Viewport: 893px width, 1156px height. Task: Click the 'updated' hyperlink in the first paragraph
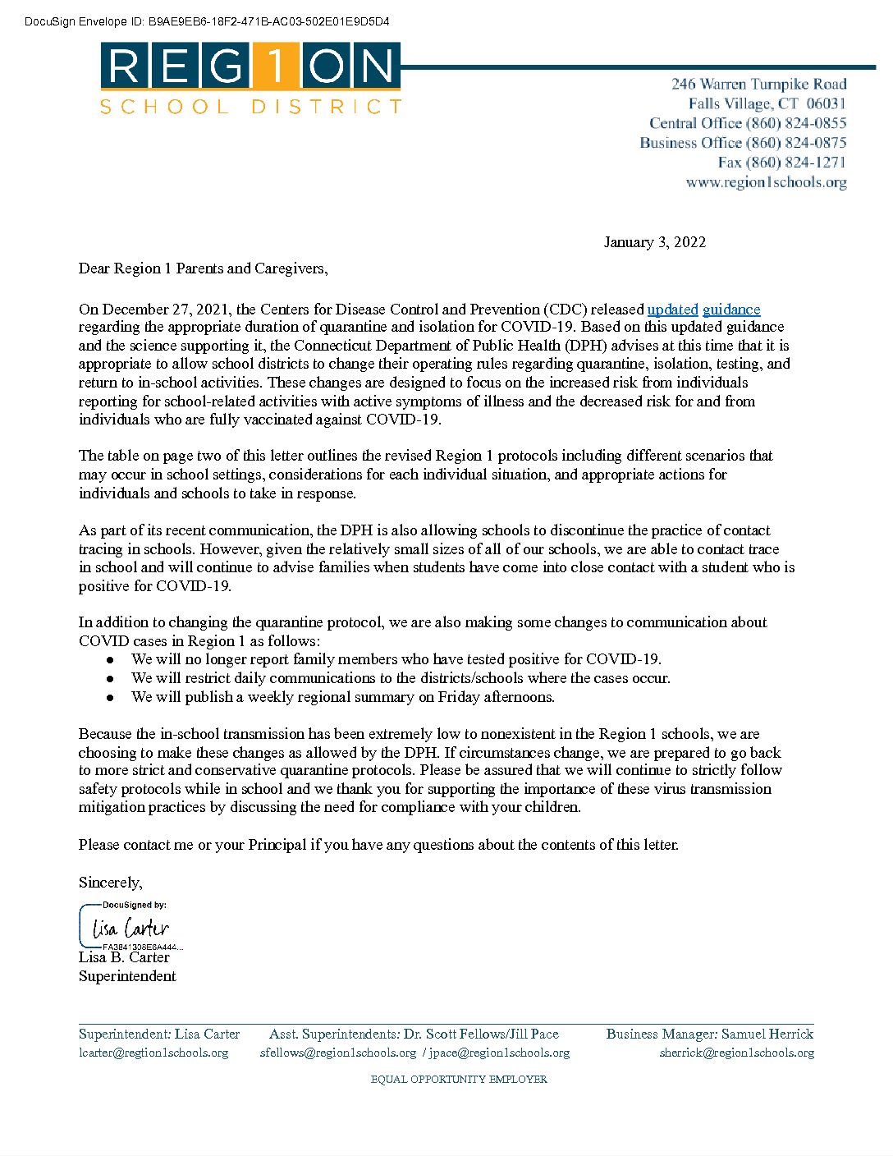tap(672, 310)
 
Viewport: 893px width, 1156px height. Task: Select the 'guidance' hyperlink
tap(731, 310)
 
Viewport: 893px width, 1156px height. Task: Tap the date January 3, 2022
tap(654, 242)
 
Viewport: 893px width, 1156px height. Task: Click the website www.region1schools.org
tap(766, 182)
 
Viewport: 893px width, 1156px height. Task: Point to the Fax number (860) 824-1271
tap(781, 163)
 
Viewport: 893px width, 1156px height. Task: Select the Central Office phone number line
tap(748, 123)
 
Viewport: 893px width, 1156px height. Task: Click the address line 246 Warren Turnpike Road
tap(758, 84)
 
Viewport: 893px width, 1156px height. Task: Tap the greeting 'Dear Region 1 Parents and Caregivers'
tap(203, 268)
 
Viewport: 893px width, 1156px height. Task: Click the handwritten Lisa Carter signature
tap(131, 929)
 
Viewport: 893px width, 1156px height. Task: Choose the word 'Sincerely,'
tap(111, 883)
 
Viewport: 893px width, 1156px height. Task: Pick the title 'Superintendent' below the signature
tap(127, 976)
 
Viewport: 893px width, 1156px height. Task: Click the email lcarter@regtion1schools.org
tap(153, 1053)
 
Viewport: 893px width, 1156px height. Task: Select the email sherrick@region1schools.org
tap(736, 1053)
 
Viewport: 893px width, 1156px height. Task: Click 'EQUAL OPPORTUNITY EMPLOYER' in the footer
tap(459, 1080)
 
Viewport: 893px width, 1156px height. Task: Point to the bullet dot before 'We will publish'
tap(110, 698)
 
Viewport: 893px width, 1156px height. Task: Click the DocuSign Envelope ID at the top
tap(207, 22)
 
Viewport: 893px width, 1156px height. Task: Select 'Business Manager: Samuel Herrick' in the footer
tap(709, 1034)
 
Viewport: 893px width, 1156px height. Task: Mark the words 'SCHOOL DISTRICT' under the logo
tap(250, 107)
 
